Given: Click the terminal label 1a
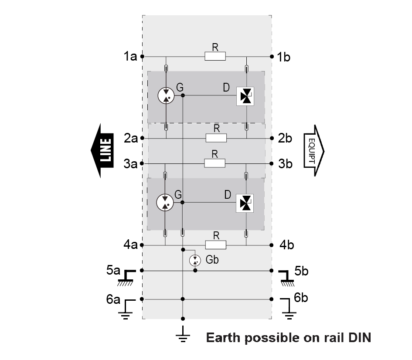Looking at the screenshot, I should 130,57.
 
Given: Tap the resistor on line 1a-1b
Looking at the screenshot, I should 215,56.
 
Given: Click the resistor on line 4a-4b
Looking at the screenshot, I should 215,245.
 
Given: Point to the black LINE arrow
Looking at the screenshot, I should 102,151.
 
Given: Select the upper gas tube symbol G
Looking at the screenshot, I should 166,95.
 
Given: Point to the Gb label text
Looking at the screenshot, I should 211,260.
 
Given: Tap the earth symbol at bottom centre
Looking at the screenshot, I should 183,336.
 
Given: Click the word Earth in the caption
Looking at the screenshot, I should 223,338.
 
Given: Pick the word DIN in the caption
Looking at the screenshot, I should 359,338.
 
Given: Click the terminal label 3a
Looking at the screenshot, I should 130,164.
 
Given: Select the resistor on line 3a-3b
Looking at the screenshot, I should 215,163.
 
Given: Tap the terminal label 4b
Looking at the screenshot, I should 286,245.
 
